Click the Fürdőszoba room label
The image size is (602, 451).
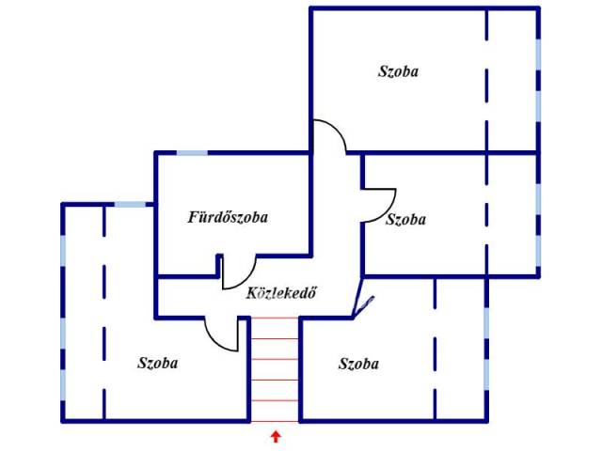click(228, 217)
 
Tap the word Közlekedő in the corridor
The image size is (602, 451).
click(281, 292)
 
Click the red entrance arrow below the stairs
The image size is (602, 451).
click(275, 436)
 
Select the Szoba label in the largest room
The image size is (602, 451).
click(398, 71)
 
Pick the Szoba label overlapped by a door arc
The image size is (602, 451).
click(405, 219)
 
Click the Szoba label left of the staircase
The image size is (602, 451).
click(158, 363)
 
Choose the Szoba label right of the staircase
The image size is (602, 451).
click(358, 364)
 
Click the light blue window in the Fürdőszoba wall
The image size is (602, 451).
click(192, 153)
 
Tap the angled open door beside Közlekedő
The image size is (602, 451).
click(363, 306)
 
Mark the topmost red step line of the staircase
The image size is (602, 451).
click(275, 319)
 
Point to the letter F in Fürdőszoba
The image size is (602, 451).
click(193, 217)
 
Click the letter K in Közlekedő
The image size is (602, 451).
click(252, 292)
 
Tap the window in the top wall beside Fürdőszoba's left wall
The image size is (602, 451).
click(130, 204)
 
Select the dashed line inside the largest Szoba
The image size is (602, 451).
click(486, 81)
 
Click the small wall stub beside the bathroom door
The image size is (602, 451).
click(219, 265)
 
